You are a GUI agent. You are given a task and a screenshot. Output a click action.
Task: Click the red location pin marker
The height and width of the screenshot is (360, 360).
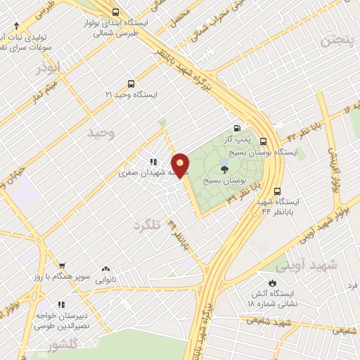point(181,165)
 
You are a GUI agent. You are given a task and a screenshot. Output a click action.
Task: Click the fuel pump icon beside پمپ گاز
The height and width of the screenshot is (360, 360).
point(237,128)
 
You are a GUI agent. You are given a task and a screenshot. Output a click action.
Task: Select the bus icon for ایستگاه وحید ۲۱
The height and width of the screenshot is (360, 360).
point(129,82)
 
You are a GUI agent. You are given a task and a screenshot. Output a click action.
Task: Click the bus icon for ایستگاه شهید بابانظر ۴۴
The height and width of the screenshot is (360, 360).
point(277,191)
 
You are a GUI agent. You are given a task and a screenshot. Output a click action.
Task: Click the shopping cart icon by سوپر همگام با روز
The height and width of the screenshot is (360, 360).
point(62,266)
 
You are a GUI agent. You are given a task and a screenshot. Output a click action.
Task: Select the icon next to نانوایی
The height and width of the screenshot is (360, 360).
point(106,268)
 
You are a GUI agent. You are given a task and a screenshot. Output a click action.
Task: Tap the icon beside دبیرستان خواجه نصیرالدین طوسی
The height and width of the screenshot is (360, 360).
point(60,304)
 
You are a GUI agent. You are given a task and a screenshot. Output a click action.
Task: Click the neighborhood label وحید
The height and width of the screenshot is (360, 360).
point(101,131)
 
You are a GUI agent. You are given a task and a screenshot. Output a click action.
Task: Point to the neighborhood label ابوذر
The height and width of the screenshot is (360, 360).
point(49,67)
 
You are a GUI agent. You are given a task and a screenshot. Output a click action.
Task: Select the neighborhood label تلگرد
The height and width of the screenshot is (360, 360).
point(147,225)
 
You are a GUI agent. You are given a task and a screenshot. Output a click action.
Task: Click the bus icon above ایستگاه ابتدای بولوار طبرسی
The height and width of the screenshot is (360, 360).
point(116,12)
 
